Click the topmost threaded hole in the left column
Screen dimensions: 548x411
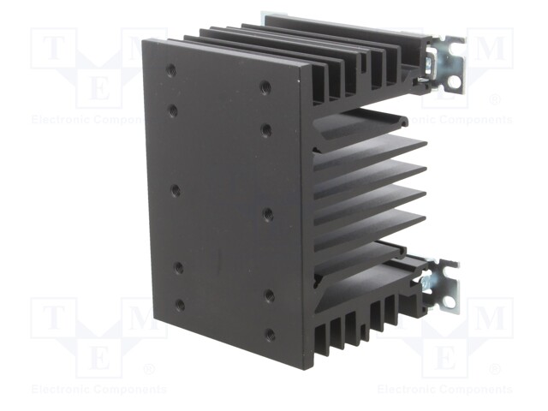coord(171,70)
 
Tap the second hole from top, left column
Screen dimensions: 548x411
coord(173,111)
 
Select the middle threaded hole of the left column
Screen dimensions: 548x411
coord(176,190)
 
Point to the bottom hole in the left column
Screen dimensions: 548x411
coord(181,305)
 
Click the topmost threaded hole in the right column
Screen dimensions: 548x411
coord(265,86)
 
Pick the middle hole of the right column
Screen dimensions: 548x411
coord(268,213)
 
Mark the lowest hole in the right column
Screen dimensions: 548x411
coord(270,335)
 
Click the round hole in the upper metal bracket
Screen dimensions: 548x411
coord(453,82)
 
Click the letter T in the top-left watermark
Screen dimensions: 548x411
coord(53,48)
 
